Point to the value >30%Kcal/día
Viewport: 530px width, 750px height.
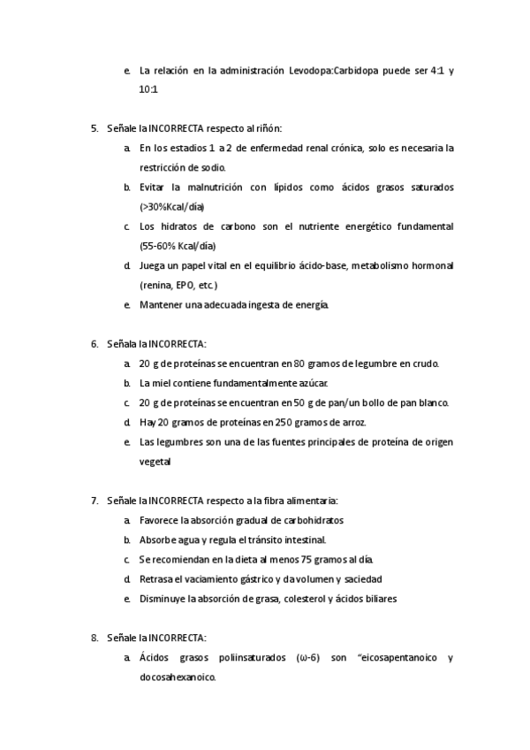pos(172,206)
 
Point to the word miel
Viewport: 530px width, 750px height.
pos(163,383)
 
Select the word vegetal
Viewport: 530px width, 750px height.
pos(155,461)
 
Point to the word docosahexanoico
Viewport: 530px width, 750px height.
pos(178,677)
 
